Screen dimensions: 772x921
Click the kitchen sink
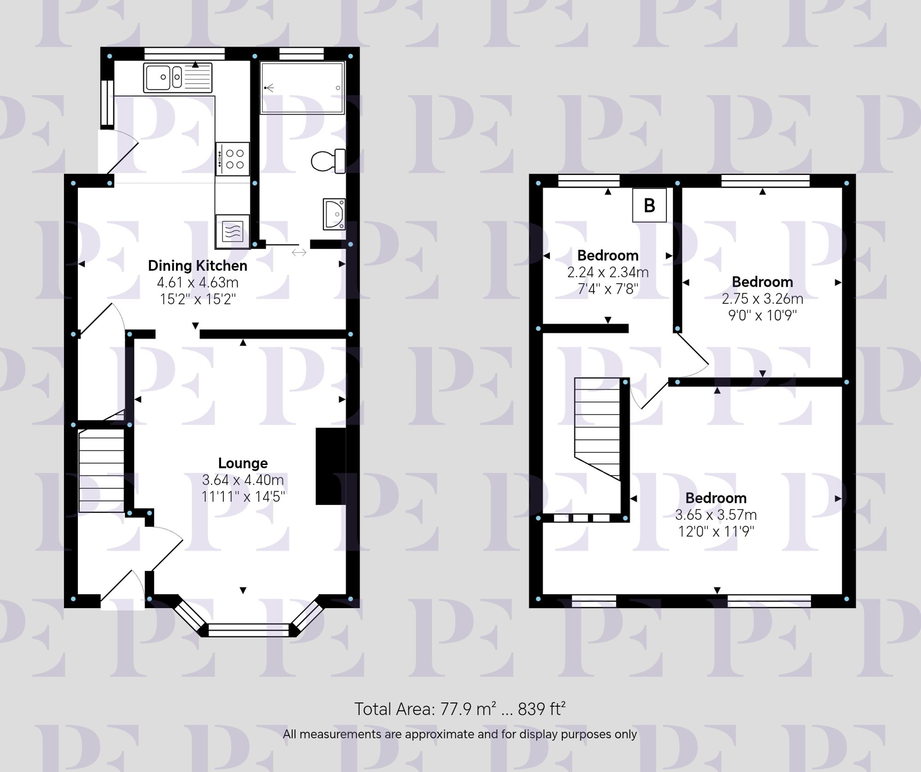point(177,77)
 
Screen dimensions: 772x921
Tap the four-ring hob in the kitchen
point(233,159)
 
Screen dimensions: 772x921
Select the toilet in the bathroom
point(328,161)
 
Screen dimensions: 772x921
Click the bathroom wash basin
point(334,214)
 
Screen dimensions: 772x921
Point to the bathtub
point(302,87)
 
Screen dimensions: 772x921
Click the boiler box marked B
point(649,205)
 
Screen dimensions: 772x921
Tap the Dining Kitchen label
point(198,266)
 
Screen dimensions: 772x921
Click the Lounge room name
point(243,463)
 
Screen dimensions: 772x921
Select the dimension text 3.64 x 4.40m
point(243,480)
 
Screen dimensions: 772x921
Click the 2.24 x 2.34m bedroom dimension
point(608,273)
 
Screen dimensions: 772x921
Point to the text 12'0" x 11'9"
point(716,532)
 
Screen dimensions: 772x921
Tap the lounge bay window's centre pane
point(249,630)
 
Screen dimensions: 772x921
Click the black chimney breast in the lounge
point(331,466)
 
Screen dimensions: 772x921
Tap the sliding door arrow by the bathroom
point(299,252)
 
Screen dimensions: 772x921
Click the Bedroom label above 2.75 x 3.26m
point(762,282)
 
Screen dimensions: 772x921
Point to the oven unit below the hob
point(233,231)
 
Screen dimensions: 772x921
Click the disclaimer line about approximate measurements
point(459,734)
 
